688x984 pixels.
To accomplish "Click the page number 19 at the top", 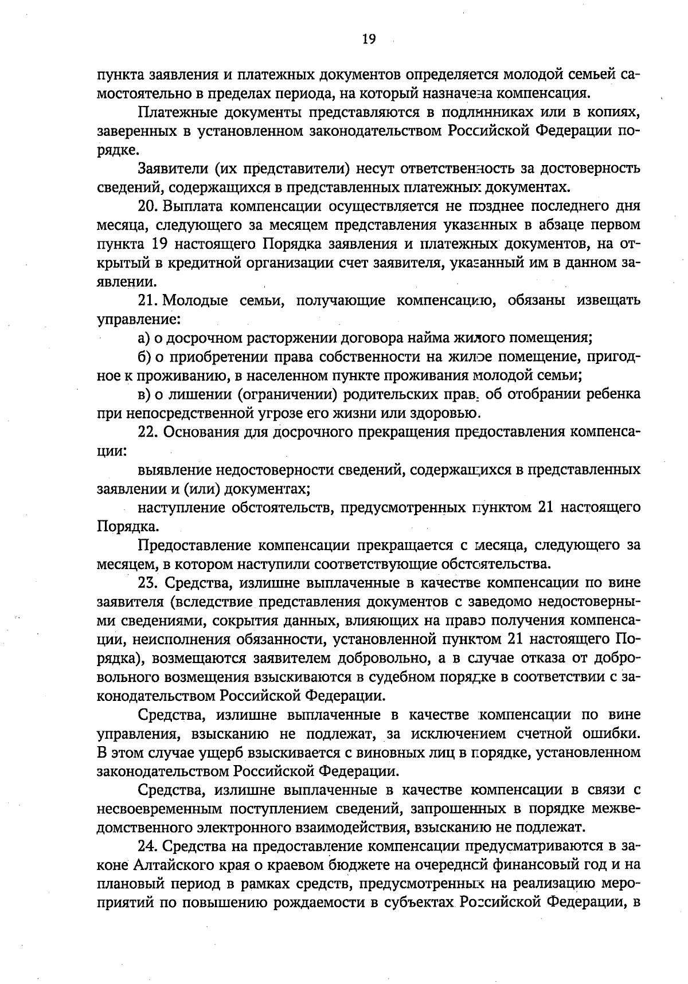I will pos(369,39).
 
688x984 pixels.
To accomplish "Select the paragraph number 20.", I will pos(147,206).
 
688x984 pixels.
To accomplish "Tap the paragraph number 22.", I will pos(147,432).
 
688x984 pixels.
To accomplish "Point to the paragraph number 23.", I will pos(147,583).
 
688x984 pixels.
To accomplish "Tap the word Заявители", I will pos(172,169).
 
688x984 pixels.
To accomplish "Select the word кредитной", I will pos(198,263).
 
